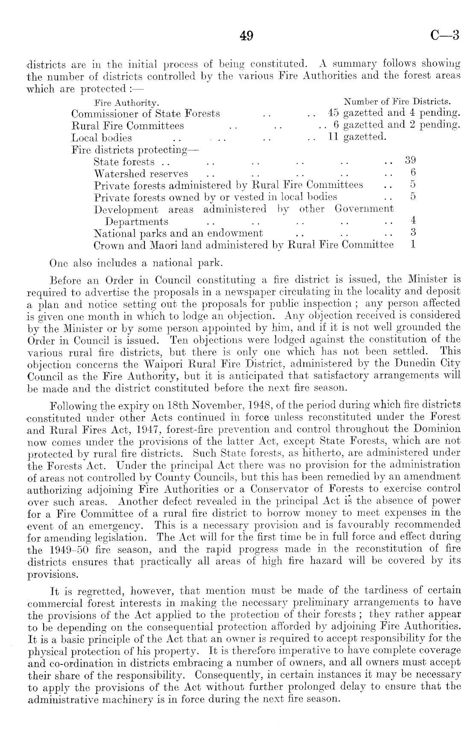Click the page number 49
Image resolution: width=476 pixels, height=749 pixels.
click(247, 36)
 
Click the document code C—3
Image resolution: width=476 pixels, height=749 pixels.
click(444, 36)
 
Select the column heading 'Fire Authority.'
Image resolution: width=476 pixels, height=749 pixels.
click(126, 103)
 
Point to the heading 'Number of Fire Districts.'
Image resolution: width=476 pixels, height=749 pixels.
click(398, 102)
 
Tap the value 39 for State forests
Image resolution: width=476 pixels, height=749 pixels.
click(410, 161)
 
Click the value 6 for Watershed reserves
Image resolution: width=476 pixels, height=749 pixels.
click(413, 173)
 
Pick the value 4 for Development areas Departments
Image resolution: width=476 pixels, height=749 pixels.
click(413, 221)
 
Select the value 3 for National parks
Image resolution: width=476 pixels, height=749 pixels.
click(413, 233)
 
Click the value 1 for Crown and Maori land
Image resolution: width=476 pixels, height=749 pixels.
click(413, 245)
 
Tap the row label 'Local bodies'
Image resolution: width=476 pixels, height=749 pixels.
click(102, 138)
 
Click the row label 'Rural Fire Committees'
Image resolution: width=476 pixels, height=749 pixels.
click(128, 126)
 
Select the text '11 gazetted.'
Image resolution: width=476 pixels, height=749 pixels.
click(357, 137)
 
